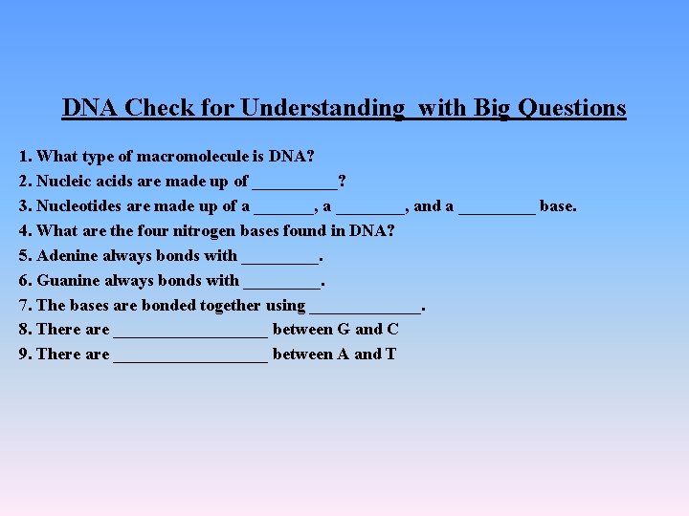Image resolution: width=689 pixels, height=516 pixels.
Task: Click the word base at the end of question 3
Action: point(558,205)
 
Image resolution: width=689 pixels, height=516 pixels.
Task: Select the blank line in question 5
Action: point(279,258)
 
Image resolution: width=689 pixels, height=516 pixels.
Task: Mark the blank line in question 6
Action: point(282,283)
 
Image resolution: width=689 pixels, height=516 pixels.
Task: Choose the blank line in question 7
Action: point(366,309)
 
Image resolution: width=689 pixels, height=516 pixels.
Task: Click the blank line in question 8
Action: point(190,333)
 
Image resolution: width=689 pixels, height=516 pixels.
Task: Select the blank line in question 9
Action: point(190,357)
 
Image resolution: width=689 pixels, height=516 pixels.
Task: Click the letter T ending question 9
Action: point(390,355)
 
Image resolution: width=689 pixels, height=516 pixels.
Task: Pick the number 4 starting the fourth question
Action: point(24,230)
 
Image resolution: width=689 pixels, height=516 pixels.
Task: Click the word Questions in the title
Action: point(572,108)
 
